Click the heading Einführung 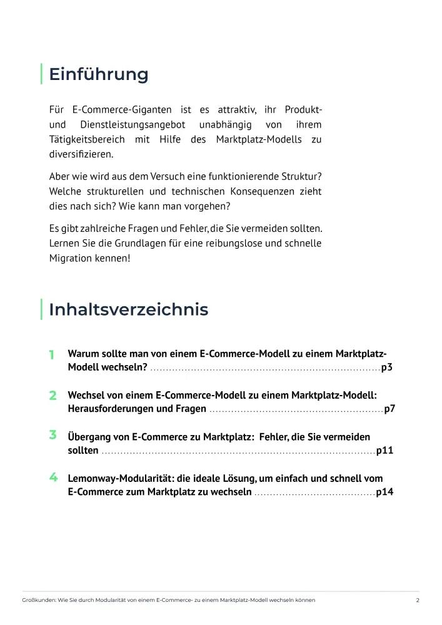99,74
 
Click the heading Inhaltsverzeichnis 128,309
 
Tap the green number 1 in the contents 52,354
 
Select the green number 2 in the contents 53,396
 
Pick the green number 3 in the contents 53,435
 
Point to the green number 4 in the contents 53,477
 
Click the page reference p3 386,367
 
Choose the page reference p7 389,409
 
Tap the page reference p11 384,450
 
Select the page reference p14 384,492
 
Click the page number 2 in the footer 417,600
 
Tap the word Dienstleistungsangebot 131,124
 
